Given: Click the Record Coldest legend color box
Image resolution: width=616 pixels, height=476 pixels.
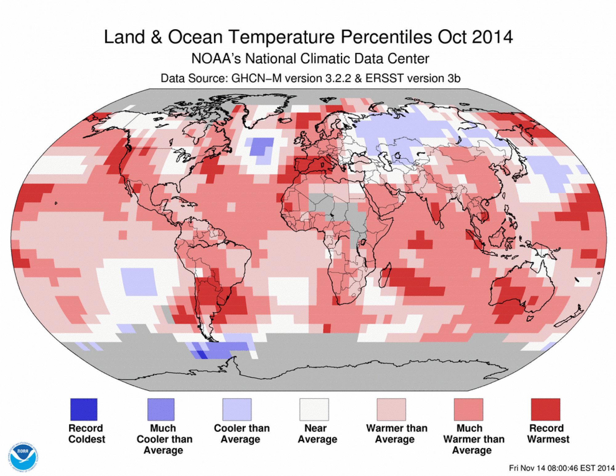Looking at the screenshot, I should (84, 409).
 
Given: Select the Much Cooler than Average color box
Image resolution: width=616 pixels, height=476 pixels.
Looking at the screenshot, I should (161, 409).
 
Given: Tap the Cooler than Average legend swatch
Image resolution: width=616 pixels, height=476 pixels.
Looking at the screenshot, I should (237, 409).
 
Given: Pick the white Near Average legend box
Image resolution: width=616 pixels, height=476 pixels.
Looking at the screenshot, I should (314, 409).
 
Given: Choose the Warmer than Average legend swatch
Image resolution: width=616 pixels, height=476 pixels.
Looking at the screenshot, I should (391, 409).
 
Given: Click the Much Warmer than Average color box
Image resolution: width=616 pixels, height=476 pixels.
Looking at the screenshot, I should (468, 409).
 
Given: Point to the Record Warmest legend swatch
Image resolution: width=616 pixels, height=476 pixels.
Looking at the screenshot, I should (545, 409).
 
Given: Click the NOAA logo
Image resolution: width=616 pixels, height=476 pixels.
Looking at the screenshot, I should (23, 457).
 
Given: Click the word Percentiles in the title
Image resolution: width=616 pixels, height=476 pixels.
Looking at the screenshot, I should (387, 37).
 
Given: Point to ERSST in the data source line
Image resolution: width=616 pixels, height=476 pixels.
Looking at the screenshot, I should (384, 78).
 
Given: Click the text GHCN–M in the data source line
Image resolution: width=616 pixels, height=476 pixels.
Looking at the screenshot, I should (256, 78).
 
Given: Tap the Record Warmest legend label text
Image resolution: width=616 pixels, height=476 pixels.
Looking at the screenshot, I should (548, 433).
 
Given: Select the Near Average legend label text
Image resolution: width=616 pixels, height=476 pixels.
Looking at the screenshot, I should (317, 433).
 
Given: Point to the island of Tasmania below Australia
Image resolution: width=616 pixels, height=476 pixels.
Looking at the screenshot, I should (530, 318).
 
